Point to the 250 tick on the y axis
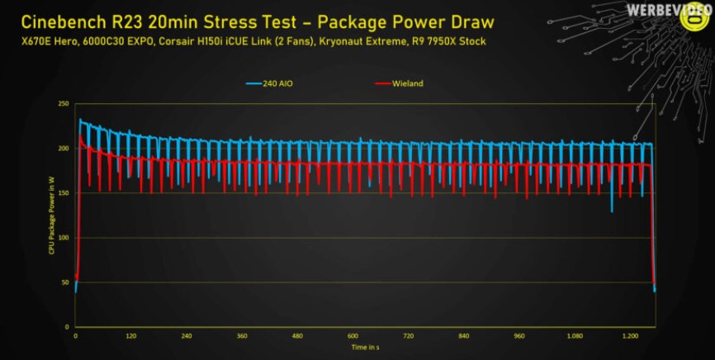[63, 104]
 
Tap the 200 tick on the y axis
[63, 149]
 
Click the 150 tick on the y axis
[63, 193]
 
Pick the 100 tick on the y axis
[63, 238]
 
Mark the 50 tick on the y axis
[64, 282]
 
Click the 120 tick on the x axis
[130, 337]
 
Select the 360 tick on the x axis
[241, 337]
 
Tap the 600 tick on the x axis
[353, 337]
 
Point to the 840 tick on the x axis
[463, 337]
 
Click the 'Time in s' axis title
[364, 348]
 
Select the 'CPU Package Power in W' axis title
[51, 216]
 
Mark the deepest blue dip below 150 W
[612, 211]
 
